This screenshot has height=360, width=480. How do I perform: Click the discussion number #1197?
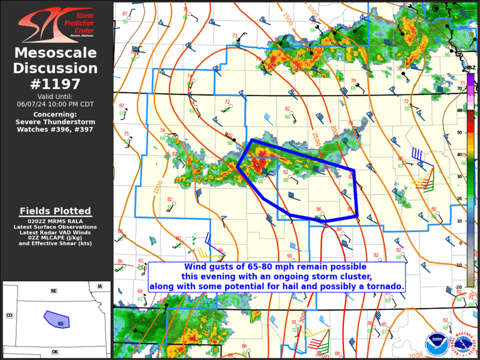coord(57,84)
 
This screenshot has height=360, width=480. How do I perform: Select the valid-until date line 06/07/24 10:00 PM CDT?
coord(57,104)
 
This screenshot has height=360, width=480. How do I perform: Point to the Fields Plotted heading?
coord(55,211)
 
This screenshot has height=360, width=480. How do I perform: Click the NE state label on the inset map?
coord(54,291)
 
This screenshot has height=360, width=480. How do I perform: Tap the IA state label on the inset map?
coord(100,286)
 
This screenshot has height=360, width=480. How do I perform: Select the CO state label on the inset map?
coord(9,315)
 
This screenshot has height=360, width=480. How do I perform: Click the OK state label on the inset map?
coord(55,352)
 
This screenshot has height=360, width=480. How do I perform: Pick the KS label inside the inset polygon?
coord(60,323)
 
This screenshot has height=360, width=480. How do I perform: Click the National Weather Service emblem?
coord(463,343)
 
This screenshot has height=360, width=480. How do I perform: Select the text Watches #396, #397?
coord(57,129)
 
